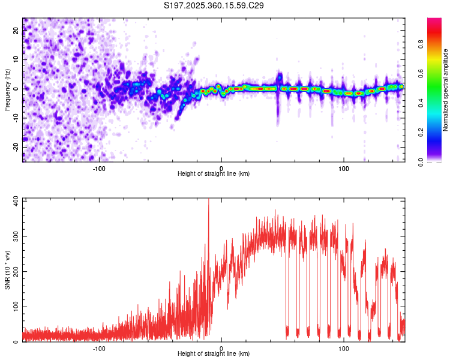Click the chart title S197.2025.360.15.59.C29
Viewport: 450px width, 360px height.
click(214, 5)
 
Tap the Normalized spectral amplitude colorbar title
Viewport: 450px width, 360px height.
click(446, 90)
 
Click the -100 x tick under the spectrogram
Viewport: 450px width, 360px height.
click(99, 167)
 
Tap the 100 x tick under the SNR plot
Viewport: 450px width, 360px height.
click(344, 348)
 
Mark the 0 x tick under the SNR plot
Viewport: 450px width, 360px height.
click(221, 348)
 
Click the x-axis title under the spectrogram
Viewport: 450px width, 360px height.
click(214, 174)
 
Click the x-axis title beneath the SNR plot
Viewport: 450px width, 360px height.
click(214, 355)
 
